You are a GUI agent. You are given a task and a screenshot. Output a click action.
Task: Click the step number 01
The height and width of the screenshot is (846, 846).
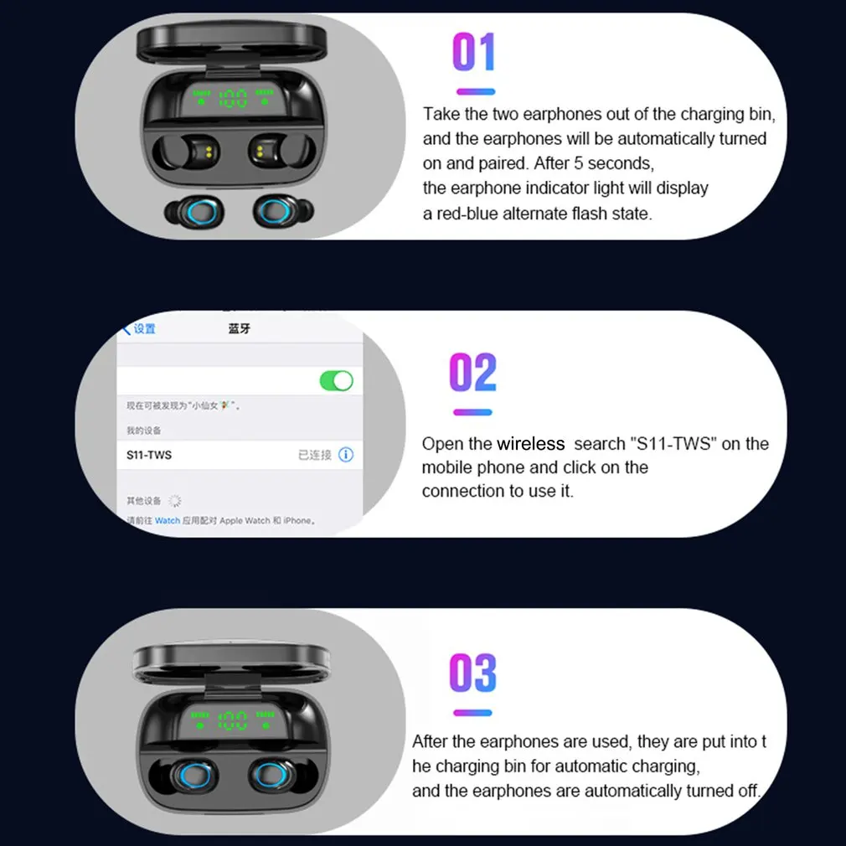(x=474, y=52)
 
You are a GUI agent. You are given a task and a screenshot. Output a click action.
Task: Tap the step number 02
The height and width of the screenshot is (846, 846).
(x=473, y=373)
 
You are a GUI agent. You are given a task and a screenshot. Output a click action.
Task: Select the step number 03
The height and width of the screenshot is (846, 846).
(x=473, y=673)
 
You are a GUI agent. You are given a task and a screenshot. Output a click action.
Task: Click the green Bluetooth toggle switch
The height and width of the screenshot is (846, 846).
(x=337, y=380)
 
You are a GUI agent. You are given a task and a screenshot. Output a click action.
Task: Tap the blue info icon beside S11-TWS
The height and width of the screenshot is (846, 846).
(x=345, y=455)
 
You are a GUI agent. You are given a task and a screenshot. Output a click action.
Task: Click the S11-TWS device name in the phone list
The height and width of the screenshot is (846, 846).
(x=149, y=455)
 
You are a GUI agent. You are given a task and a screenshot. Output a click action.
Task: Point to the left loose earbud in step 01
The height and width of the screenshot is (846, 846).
(x=194, y=210)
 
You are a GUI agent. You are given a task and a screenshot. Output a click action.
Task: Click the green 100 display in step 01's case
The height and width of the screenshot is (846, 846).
(x=233, y=100)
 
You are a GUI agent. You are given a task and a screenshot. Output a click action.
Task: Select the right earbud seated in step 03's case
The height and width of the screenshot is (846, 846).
(x=275, y=776)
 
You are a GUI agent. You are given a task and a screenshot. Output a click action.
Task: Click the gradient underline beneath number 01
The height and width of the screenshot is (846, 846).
(x=475, y=91)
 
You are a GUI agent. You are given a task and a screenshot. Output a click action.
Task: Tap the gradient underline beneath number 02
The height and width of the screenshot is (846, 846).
(x=472, y=412)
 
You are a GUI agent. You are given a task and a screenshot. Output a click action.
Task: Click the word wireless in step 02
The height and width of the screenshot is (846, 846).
(x=530, y=444)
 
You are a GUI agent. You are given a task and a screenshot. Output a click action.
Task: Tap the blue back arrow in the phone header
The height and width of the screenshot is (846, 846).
(x=127, y=328)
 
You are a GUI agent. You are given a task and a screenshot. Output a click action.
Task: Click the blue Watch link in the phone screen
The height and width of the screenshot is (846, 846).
(x=168, y=520)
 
